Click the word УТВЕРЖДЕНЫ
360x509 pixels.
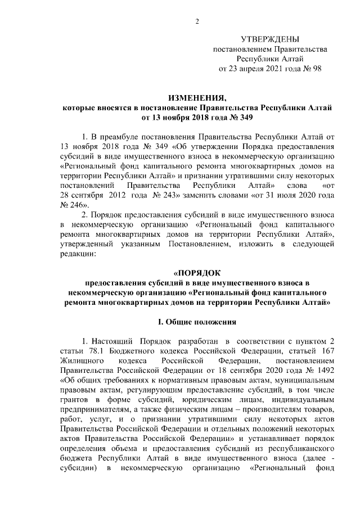tap(270, 39)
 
